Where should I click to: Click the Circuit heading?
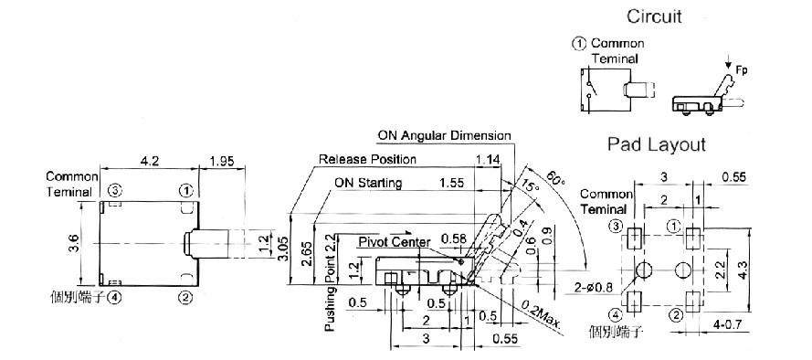click(654, 16)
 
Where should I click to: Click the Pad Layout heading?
click(656, 144)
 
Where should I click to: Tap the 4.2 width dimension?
click(149, 161)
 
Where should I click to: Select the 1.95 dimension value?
click(221, 161)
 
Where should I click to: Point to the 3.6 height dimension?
click(73, 244)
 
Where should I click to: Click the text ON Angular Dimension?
click(444, 136)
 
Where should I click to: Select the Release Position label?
click(367, 159)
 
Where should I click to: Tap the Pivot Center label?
click(395, 242)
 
